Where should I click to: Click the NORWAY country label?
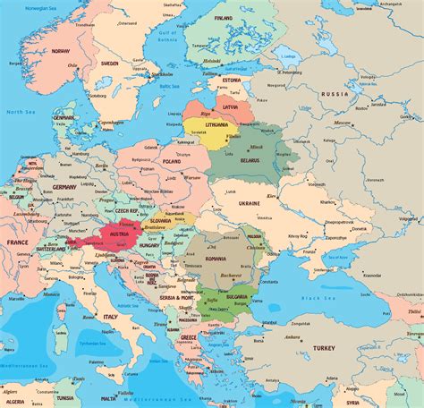pos(60,51)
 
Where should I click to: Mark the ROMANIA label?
pos(217,258)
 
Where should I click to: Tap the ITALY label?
pos(110,316)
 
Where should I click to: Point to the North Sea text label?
pos(15,112)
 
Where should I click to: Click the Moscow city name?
pos(342,122)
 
